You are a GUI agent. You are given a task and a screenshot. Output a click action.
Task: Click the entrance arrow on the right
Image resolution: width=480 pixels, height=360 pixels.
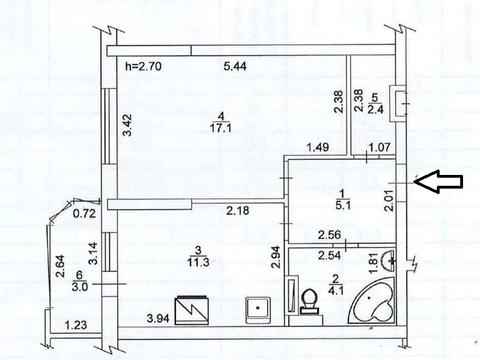tap(438, 181)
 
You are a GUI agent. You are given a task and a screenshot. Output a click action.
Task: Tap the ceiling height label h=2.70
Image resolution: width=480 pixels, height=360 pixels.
tap(143, 66)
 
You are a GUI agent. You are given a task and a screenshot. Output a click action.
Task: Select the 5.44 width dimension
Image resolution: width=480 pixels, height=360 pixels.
tap(235, 66)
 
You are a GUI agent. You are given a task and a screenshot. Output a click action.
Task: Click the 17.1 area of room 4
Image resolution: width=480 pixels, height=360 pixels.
tap(221, 128)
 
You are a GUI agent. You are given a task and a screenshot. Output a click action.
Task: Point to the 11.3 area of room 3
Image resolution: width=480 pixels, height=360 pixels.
tap(198, 262)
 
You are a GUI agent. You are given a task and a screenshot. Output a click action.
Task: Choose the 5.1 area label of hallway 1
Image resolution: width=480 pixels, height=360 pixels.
tap(343, 205)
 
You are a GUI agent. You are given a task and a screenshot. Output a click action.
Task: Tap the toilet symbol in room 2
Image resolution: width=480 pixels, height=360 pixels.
tap(310, 302)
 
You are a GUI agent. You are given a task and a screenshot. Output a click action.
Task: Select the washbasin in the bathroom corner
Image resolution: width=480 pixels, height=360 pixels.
tap(388, 260)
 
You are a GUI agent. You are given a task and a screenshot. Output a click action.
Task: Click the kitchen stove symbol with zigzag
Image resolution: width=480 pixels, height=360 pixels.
tap(192, 310)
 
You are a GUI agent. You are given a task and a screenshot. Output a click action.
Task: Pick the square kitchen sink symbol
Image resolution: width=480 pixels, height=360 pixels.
tap(258, 310)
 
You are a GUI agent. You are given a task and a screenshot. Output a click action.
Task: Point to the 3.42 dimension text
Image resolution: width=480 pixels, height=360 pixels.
tap(127, 125)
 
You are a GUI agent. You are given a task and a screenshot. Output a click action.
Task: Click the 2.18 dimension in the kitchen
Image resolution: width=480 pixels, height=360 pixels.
tap(238, 211)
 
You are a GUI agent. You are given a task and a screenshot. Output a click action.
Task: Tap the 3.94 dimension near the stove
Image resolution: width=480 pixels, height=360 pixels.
tap(158, 319)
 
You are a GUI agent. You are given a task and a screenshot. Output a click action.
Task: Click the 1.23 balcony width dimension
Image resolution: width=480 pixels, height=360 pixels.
tap(76, 325)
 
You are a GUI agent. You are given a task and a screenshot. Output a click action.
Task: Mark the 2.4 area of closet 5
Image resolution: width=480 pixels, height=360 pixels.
tap(375, 109)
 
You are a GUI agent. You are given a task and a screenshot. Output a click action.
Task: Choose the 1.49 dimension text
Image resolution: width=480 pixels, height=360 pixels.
tap(318, 147)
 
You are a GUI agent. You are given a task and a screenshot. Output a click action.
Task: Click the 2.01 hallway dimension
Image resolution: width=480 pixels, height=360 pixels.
tap(389, 199)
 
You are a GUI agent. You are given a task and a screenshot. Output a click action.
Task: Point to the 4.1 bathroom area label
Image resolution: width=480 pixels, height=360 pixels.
tap(336, 291)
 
